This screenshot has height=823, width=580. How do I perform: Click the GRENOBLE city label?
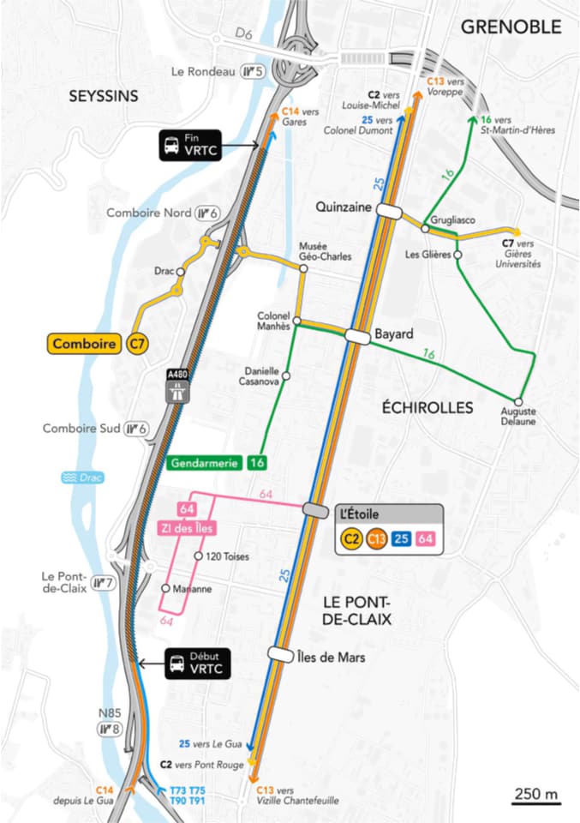pyautogui.click(x=511, y=27)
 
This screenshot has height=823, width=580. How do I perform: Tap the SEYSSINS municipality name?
pyautogui.click(x=103, y=96)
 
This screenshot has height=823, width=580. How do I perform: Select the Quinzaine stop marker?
pyautogui.click(x=388, y=212)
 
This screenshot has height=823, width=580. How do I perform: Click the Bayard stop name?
pyautogui.click(x=394, y=333)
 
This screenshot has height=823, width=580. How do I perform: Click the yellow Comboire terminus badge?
pyautogui.click(x=84, y=344)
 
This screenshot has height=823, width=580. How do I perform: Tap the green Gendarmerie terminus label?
pyautogui.click(x=206, y=463)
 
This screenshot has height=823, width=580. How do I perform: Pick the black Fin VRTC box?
pyautogui.click(x=189, y=145)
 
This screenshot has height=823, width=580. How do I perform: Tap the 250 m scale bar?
pyautogui.click(x=536, y=797)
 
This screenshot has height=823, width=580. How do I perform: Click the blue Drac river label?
pyautogui.click(x=85, y=478)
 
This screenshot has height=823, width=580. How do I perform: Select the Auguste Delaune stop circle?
pyautogui.click(x=518, y=401)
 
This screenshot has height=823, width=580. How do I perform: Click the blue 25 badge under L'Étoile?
pyautogui.click(x=404, y=538)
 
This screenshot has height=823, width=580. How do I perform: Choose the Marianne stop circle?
pyautogui.click(x=166, y=589)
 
